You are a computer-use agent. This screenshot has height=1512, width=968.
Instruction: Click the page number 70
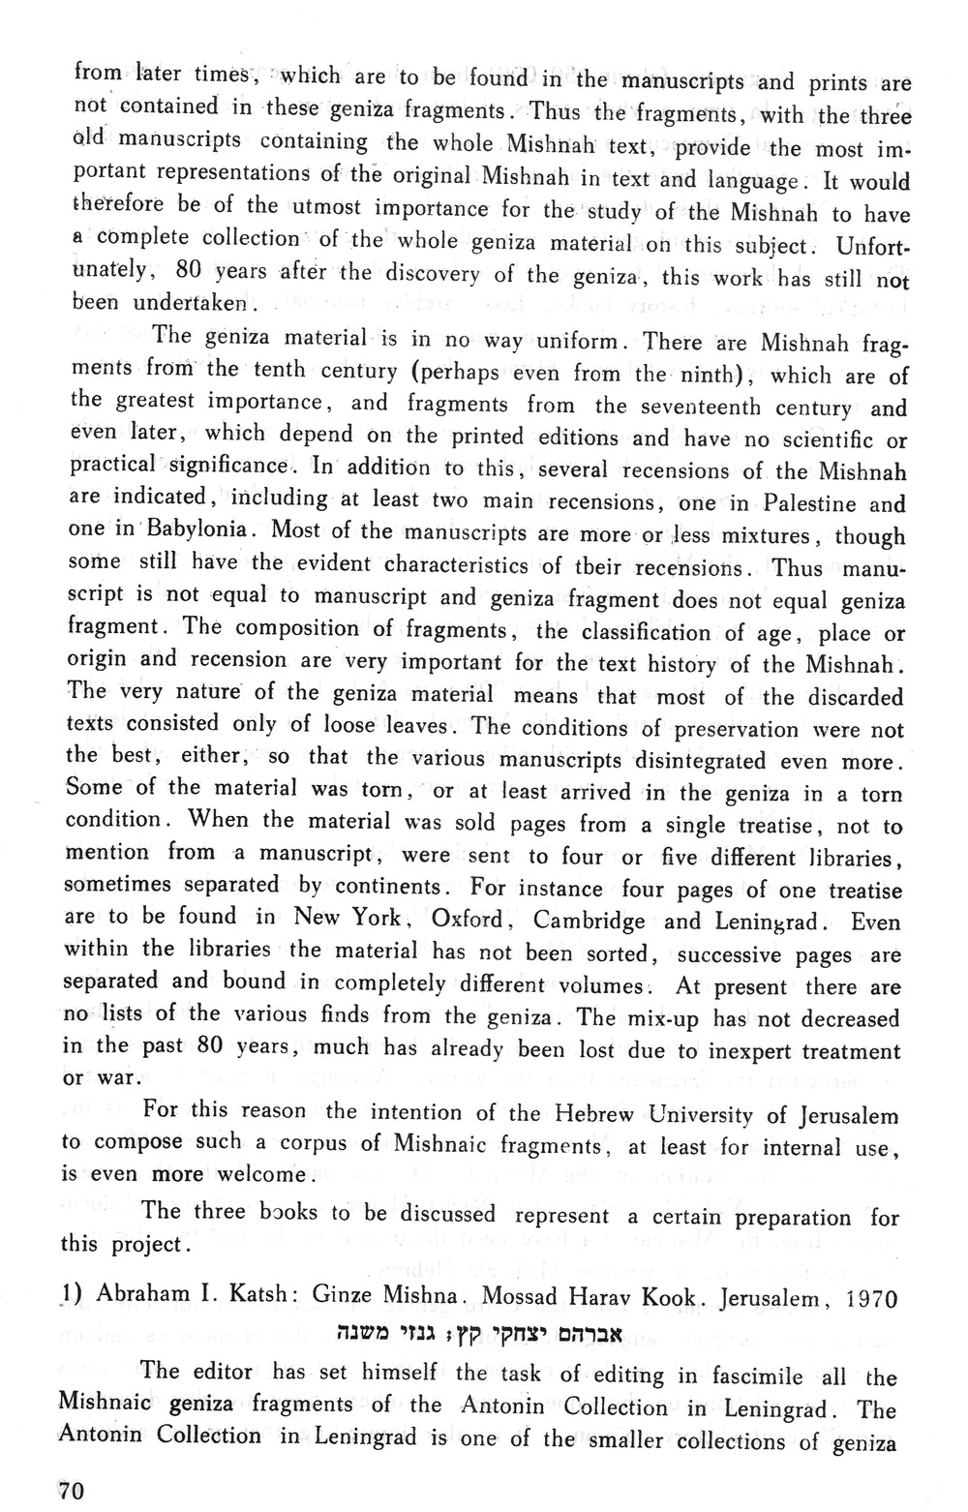(73, 1492)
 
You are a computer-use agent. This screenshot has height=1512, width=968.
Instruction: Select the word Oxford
(469, 919)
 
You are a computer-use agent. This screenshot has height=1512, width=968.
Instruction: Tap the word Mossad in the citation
(524, 1298)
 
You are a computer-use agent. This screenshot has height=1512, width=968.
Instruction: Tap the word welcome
(261, 1175)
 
